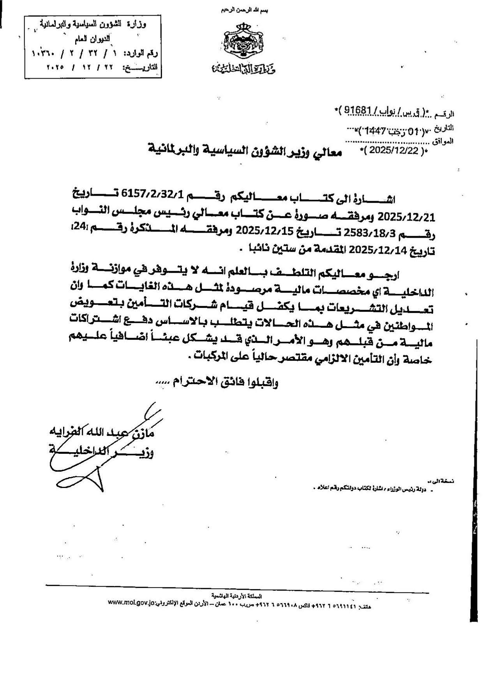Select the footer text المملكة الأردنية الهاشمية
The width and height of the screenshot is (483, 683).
pyautogui.click(x=237, y=596)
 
